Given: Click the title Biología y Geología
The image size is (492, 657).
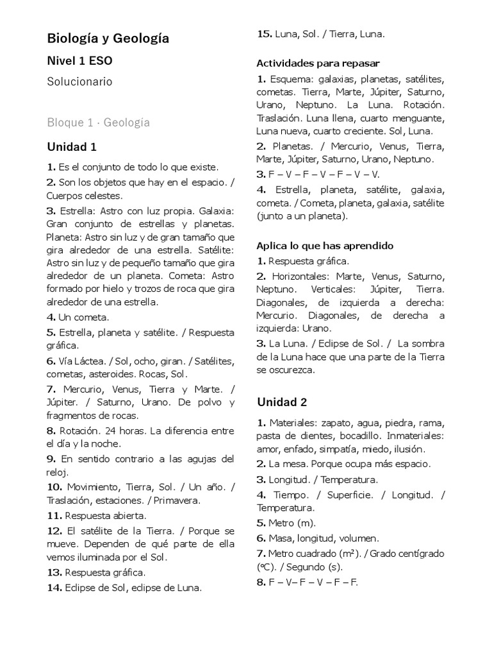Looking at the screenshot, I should (108, 39).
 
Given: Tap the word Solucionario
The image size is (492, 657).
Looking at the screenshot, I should (79, 81).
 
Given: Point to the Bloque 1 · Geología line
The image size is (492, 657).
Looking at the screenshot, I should (98, 122).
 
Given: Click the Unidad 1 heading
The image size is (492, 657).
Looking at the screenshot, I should (72, 146).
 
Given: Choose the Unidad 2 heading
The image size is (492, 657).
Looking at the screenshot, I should (282, 402).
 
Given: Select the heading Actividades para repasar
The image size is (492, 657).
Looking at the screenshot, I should (318, 63).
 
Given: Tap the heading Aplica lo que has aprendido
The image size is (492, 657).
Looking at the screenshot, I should (325, 246).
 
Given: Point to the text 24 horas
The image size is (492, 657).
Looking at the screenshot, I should (122, 430).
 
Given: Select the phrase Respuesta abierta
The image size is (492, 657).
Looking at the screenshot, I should (106, 515).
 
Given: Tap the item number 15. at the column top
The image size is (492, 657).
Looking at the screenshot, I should (264, 34).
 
